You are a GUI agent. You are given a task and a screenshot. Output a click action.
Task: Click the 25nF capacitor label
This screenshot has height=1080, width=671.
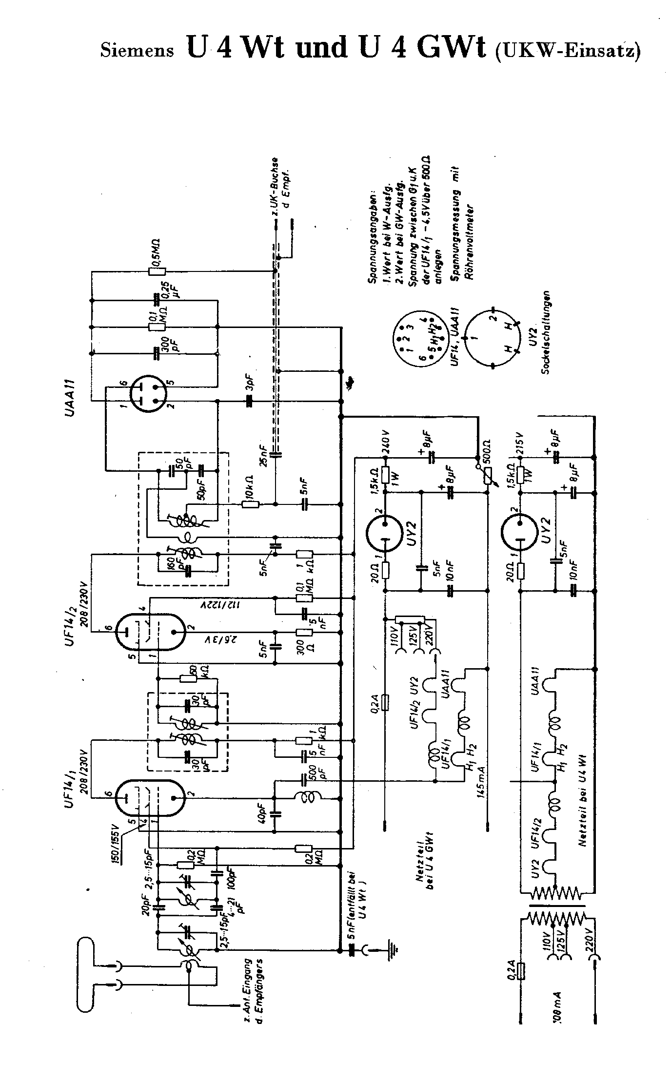264,456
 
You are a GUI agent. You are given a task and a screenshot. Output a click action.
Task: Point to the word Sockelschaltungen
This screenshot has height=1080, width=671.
546,332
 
